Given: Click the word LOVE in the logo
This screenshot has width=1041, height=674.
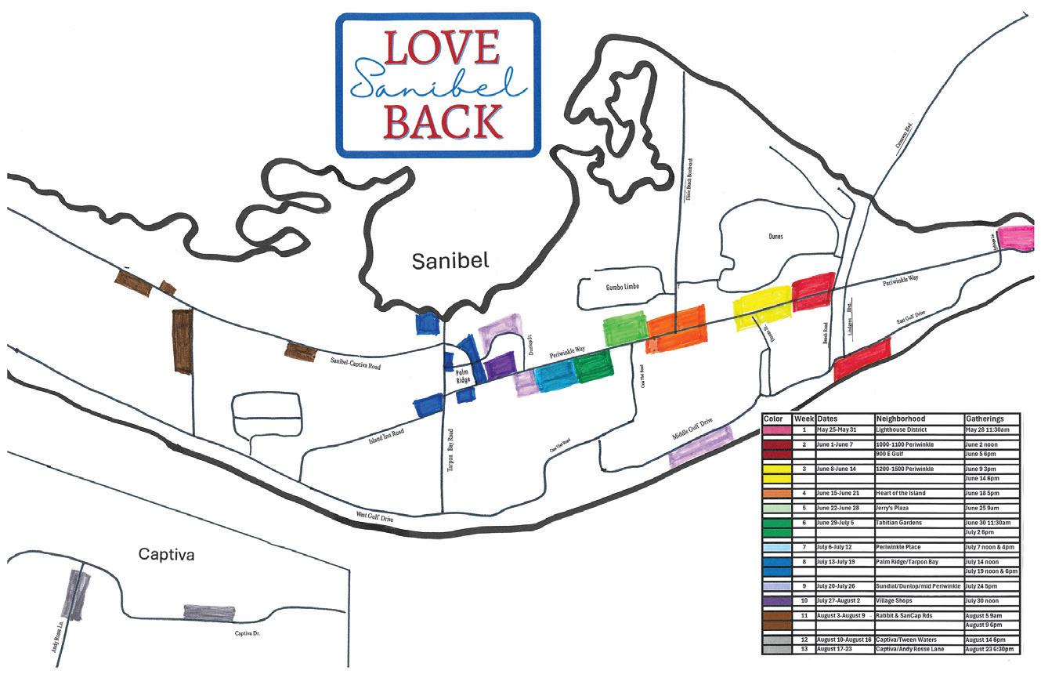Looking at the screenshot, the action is pyautogui.click(x=440, y=49).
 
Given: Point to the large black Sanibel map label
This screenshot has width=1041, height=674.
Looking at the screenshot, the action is pyautogui.click(x=450, y=261).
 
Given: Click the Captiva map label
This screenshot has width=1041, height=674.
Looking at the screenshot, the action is pyautogui.click(x=165, y=554).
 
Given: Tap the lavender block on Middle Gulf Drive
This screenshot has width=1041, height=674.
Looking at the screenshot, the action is pyautogui.click(x=700, y=446).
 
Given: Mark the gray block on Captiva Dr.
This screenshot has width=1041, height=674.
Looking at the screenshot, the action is pyautogui.click(x=209, y=612).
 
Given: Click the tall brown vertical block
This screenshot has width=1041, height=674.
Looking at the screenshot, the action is pyautogui.click(x=182, y=341).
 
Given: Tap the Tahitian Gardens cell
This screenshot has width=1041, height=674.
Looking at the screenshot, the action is pyautogui.click(x=907, y=523).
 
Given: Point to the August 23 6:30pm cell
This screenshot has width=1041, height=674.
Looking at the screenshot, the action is pyautogui.click(x=992, y=650).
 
